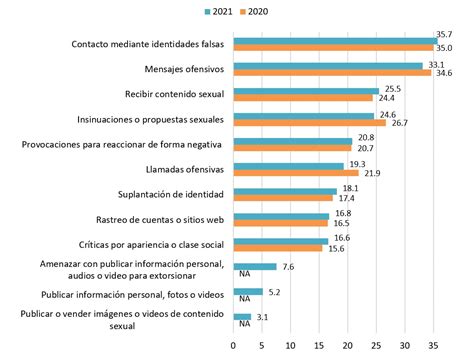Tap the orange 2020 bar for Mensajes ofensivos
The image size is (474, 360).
click(x=332, y=73)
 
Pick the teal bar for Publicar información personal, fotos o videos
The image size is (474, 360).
click(x=248, y=292)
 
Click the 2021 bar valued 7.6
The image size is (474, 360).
click(x=255, y=267)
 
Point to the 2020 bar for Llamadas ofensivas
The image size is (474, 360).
click(x=296, y=172)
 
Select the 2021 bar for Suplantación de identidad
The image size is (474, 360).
click(x=285, y=190)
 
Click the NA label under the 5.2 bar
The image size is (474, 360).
click(x=243, y=299)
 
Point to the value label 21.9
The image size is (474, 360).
click(x=371, y=173)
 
